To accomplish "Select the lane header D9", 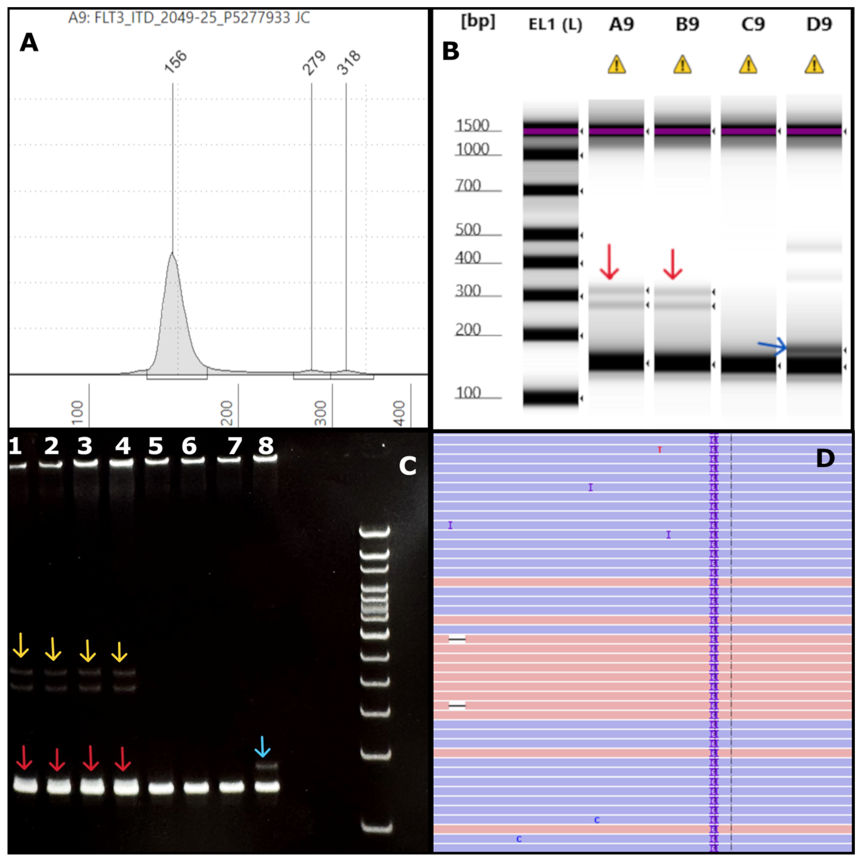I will [819, 24].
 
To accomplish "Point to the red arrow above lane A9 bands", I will [609, 262].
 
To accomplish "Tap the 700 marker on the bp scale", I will [468, 185].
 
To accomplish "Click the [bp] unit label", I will [478, 21].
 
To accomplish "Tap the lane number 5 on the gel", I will [155, 446].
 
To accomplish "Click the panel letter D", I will [825, 458].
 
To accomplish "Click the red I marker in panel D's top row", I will [660, 450].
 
